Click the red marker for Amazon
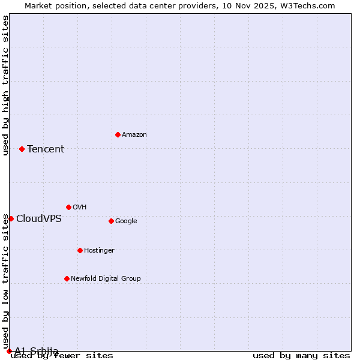click(x=118, y=134)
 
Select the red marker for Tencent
click(x=22, y=149)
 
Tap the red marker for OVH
click(x=68, y=207)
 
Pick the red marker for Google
click(x=111, y=221)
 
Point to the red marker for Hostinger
click(x=80, y=250)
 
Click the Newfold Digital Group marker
click(x=67, y=278)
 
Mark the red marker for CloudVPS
click(x=11, y=218)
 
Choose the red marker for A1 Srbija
click(x=9, y=351)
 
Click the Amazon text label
click(x=134, y=135)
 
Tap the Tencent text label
click(x=46, y=149)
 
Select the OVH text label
click(x=80, y=208)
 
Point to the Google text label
click(x=126, y=221)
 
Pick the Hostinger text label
click(x=99, y=251)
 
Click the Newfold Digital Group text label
click(x=106, y=279)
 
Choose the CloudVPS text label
click(x=39, y=219)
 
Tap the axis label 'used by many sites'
click(x=301, y=356)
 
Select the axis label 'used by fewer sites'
click(x=62, y=356)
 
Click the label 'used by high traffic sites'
click(x=6, y=85)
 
